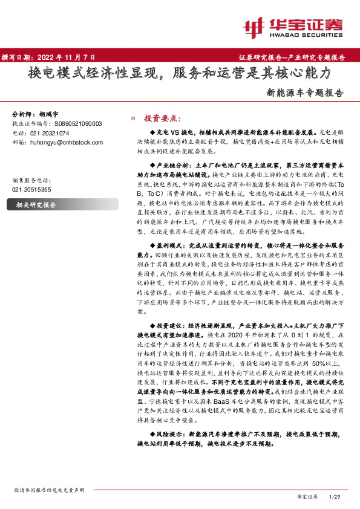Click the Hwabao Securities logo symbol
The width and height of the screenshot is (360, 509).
pyautogui.click(x=254, y=26)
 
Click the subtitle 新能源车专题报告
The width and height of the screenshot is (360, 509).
pyautogui.click(x=305, y=94)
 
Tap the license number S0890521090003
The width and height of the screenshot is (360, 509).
pyautogui.click(x=74, y=123)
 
